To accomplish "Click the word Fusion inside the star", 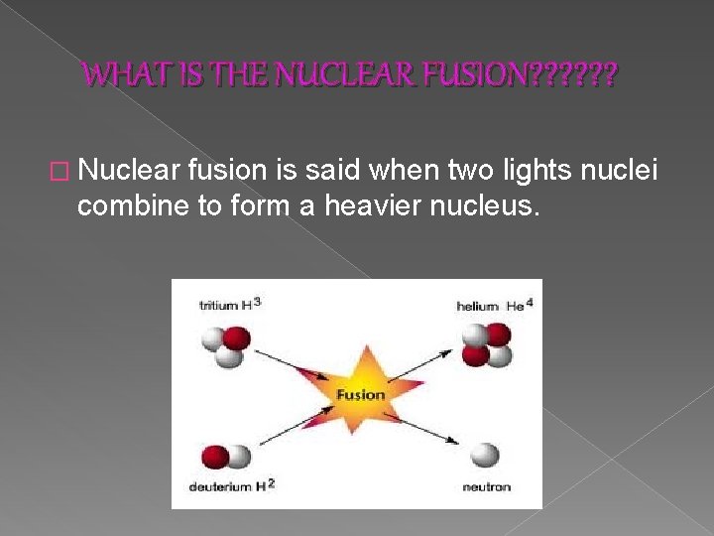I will coord(360,394).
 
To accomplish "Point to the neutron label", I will coord(486,486).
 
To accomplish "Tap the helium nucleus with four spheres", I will coord(486,344).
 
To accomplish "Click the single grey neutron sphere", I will coord(485,455).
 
